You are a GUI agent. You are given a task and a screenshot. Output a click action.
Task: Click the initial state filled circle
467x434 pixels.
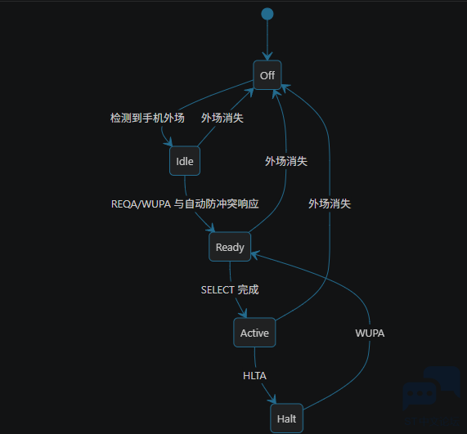tap(267, 14)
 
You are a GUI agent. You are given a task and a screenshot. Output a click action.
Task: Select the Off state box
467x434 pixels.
tap(267, 75)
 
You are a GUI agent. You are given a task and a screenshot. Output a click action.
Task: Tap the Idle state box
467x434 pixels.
tap(185, 161)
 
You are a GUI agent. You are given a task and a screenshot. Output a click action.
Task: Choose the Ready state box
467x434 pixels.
tap(230, 247)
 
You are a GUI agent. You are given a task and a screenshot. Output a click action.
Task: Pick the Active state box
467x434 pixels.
tap(254, 333)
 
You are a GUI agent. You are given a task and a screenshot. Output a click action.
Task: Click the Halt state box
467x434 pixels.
tap(286, 418)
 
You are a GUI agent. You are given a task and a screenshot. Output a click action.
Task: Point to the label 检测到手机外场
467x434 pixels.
tap(147, 118)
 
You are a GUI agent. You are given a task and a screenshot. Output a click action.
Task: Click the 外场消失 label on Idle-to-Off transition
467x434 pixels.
tap(222, 118)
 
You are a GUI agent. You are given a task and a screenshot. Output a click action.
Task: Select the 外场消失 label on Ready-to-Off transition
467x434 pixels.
tap(286, 161)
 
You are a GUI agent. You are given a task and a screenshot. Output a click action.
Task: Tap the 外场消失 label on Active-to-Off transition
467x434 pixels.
tap(330, 204)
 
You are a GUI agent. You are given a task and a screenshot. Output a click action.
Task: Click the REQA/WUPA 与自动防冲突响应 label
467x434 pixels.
tap(185, 204)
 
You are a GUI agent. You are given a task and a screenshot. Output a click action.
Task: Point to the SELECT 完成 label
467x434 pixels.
tap(230, 289)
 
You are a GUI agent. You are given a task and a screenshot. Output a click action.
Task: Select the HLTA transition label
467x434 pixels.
tap(254, 376)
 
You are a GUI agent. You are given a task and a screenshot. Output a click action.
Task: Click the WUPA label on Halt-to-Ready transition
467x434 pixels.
tap(370, 333)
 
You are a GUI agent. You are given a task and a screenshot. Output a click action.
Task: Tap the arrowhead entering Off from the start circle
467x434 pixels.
tap(267, 56)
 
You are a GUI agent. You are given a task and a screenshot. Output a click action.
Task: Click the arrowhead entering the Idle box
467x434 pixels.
tap(168, 142)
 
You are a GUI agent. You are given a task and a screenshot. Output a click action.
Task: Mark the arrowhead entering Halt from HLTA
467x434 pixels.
tap(272, 400)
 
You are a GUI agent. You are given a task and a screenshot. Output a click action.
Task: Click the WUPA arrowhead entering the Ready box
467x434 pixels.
tap(255, 255)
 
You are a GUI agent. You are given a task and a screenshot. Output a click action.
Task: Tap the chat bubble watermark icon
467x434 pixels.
tap(432, 387)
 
